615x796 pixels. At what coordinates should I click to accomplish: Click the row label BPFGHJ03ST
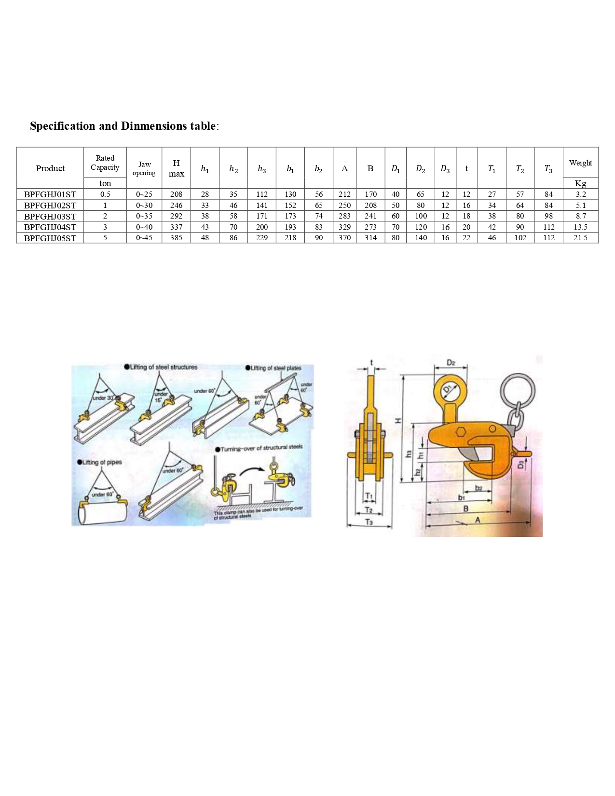(50, 216)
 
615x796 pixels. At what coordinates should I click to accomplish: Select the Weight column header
(580, 163)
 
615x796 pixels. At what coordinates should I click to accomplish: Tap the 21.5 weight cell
(580, 238)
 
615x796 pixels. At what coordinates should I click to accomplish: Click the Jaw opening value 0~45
(144, 238)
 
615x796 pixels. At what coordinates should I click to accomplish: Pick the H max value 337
(176, 227)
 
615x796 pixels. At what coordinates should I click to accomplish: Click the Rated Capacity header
(105, 163)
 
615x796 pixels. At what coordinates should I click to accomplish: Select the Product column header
(50, 168)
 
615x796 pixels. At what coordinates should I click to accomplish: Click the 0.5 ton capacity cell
(105, 194)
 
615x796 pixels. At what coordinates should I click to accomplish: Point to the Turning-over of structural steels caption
(261, 448)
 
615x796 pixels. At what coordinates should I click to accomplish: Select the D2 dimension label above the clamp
(451, 363)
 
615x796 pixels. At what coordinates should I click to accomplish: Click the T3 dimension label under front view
(369, 522)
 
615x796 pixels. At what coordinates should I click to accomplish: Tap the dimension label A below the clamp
(478, 520)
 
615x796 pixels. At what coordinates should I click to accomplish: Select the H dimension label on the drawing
(398, 421)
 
